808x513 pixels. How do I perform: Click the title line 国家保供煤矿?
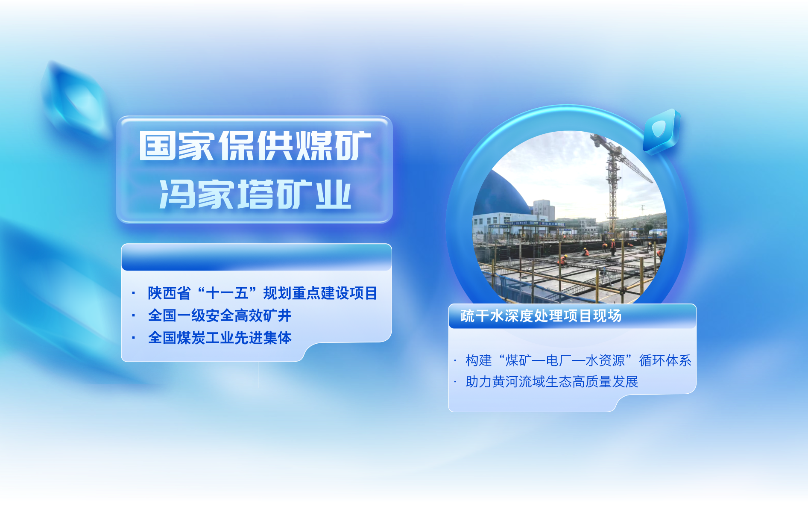255,146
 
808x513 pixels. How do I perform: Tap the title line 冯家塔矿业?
255,195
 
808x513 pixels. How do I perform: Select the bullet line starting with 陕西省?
263,293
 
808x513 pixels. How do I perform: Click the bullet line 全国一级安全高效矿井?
220,315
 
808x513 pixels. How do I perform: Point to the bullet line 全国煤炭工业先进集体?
220,338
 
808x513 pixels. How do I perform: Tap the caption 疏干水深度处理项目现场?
541,316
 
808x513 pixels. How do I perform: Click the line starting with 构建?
579,360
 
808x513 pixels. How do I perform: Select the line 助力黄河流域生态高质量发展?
552,381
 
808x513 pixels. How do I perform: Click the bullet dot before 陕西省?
134,293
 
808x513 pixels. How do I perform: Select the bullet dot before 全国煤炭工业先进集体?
134,338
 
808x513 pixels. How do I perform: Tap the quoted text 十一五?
227,293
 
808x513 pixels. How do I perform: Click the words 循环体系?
665,360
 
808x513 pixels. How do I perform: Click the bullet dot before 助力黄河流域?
455,381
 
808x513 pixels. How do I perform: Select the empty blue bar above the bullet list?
257,257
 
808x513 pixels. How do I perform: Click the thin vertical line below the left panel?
258,375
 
